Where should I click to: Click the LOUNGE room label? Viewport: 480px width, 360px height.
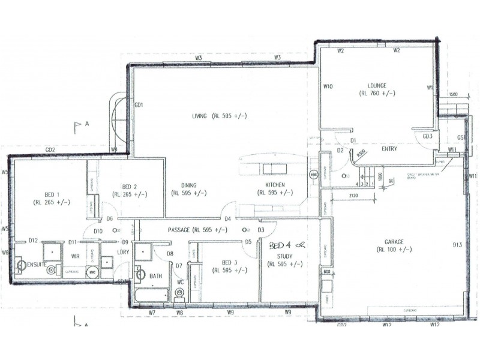(x=377, y=85)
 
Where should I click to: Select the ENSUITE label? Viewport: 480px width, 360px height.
(x=38, y=263)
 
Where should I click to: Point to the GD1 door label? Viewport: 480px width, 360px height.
(x=139, y=105)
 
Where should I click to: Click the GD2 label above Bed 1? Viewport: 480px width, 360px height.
(x=50, y=149)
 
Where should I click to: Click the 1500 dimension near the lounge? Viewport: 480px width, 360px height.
(x=453, y=95)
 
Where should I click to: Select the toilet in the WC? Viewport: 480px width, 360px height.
(x=178, y=293)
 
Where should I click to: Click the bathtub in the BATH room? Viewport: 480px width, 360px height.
(x=151, y=295)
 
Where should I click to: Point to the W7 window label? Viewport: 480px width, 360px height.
(x=152, y=313)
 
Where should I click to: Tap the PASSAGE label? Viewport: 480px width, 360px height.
(x=179, y=230)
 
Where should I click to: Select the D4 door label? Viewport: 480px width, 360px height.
(x=228, y=219)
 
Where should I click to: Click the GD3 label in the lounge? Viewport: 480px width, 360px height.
(x=427, y=136)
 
